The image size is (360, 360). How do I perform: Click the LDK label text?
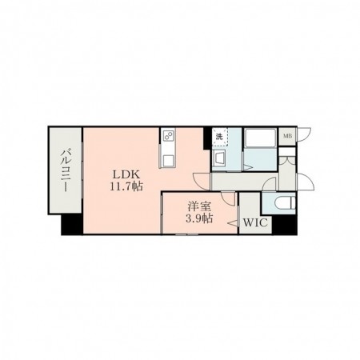(126, 174)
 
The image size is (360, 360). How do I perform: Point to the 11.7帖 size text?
(126, 186)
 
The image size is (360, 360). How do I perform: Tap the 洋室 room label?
(199, 207)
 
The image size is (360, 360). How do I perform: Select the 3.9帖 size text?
(199, 218)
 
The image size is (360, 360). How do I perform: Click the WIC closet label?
(255, 222)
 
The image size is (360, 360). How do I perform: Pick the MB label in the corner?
(287, 136)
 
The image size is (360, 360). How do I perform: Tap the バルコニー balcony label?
(65, 171)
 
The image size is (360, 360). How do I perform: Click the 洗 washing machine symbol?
(219, 138)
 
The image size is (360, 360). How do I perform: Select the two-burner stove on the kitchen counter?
(169, 137)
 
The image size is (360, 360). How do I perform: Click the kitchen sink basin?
(169, 161)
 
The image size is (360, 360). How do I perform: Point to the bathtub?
(260, 138)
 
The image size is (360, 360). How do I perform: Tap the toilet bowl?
(286, 203)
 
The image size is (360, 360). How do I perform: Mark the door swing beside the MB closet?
(305, 135)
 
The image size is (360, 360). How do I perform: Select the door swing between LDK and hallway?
(202, 182)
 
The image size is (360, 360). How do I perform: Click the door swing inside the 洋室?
(228, 199)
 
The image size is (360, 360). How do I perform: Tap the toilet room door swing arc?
(270, 184)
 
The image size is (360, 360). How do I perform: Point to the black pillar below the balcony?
(72, 224)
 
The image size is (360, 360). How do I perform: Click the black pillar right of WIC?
(285, 225)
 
